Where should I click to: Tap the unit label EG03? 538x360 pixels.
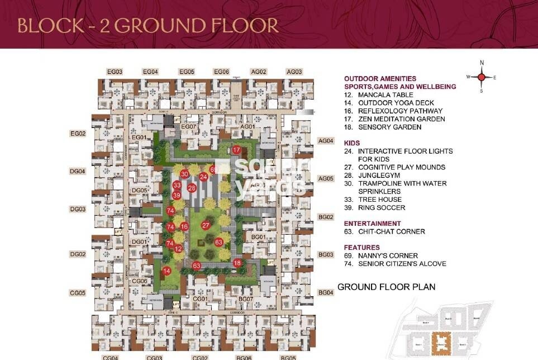click(x=115, y=72)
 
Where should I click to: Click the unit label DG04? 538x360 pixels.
click(x=78, y=172)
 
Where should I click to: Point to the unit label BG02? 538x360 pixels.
click(x=326, y=217)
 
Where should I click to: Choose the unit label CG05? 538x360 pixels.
click(x=78, y=293)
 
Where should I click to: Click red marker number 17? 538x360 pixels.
click(x=237, y=150)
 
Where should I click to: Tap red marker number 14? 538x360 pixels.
click(x=166, y=271)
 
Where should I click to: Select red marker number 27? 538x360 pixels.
click(x=206, y=225)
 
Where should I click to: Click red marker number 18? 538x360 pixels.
click(x=237, y=263)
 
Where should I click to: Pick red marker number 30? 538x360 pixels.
click(x=184, y=175)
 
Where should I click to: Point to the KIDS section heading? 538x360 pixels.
click(x=352, y=143)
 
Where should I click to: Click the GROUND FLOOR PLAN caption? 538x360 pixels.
click(x=386, y=287)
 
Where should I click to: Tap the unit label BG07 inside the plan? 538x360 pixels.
click(x=246, y=300)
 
